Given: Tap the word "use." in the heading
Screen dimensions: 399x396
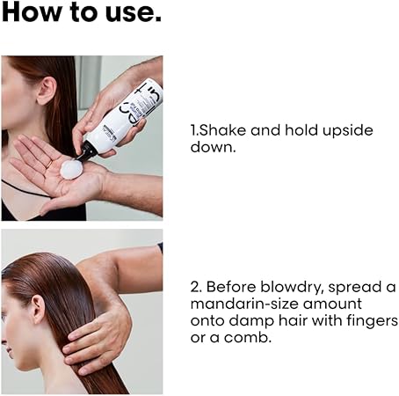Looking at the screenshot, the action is tap(134, 13).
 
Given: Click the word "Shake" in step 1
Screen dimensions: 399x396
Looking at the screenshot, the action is tap(218, 130).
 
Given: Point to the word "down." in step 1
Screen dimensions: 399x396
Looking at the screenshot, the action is tap(213, 146).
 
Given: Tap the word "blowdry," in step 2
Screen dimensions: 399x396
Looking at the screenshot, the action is tap(292, 288).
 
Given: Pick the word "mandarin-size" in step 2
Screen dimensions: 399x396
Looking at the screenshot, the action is tap(244, 304).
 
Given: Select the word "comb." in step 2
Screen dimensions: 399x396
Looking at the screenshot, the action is tap(248, 337).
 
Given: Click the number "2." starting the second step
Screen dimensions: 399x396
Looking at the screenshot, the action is tap(196, 287).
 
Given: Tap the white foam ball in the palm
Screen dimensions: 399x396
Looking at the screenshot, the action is tap(71, 169).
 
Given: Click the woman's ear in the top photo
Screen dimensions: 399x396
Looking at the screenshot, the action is tap(47, 91).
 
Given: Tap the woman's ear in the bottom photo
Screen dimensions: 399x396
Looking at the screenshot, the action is tap(38, 309).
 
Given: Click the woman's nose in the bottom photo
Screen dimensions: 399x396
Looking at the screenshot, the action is tap(4, 340).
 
